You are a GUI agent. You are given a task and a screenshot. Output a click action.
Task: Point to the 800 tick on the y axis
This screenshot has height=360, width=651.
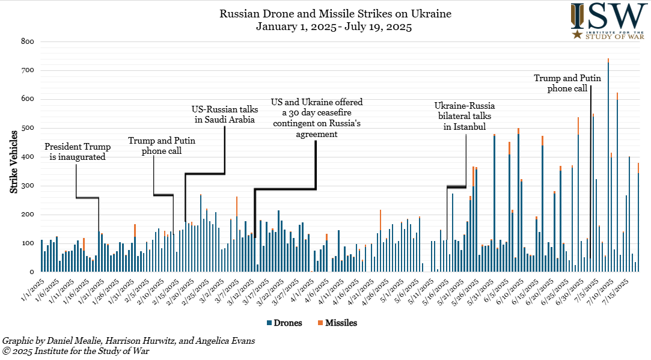tap(26, 41)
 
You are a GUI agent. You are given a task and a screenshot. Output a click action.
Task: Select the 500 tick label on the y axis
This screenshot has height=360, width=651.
tap(26, 128)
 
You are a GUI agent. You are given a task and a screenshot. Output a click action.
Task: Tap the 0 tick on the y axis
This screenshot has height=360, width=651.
tap(31, 272)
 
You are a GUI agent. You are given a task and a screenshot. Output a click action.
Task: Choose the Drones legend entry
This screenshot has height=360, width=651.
tap(289, 323)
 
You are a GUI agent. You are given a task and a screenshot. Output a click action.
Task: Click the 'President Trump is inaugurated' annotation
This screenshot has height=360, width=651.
tap(75, 151)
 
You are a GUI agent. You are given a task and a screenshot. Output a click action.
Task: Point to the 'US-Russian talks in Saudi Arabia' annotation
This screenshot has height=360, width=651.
tap(224, 115)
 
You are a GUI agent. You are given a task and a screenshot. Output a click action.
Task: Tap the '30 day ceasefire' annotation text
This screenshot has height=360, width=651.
tap(316, 118)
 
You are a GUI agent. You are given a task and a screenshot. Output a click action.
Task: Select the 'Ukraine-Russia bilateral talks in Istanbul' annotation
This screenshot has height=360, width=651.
tap(465, 115)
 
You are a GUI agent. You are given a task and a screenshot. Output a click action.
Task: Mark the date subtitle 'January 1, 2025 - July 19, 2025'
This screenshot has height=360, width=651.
tap(334, 26)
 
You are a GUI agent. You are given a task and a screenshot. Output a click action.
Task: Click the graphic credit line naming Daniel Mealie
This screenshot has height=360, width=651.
tap(129, 341)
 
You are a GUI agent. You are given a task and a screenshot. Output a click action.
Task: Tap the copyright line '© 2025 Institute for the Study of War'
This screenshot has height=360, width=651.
tap(76, 351)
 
